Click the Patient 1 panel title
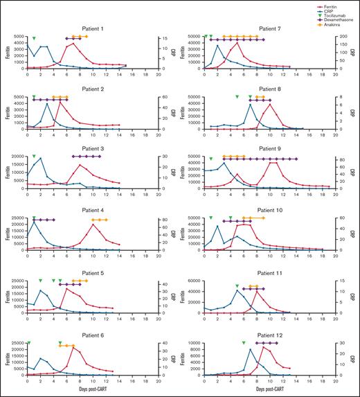(92, 28)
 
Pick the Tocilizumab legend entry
(336, 13)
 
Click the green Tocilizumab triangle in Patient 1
(33, 39)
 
